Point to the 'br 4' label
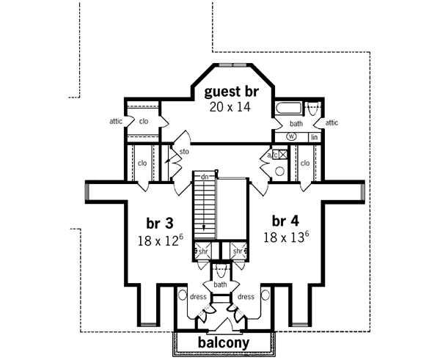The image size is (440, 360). coord(285,221)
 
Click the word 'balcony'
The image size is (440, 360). coord(224,343)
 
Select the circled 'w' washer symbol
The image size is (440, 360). coord(291,136)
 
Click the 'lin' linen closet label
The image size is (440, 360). coord(313,137)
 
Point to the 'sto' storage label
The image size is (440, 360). coord(185,153)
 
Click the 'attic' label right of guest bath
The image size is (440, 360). coord(331,122)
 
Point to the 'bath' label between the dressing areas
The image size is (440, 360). coord(220,284)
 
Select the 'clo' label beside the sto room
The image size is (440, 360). coord(143,163)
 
